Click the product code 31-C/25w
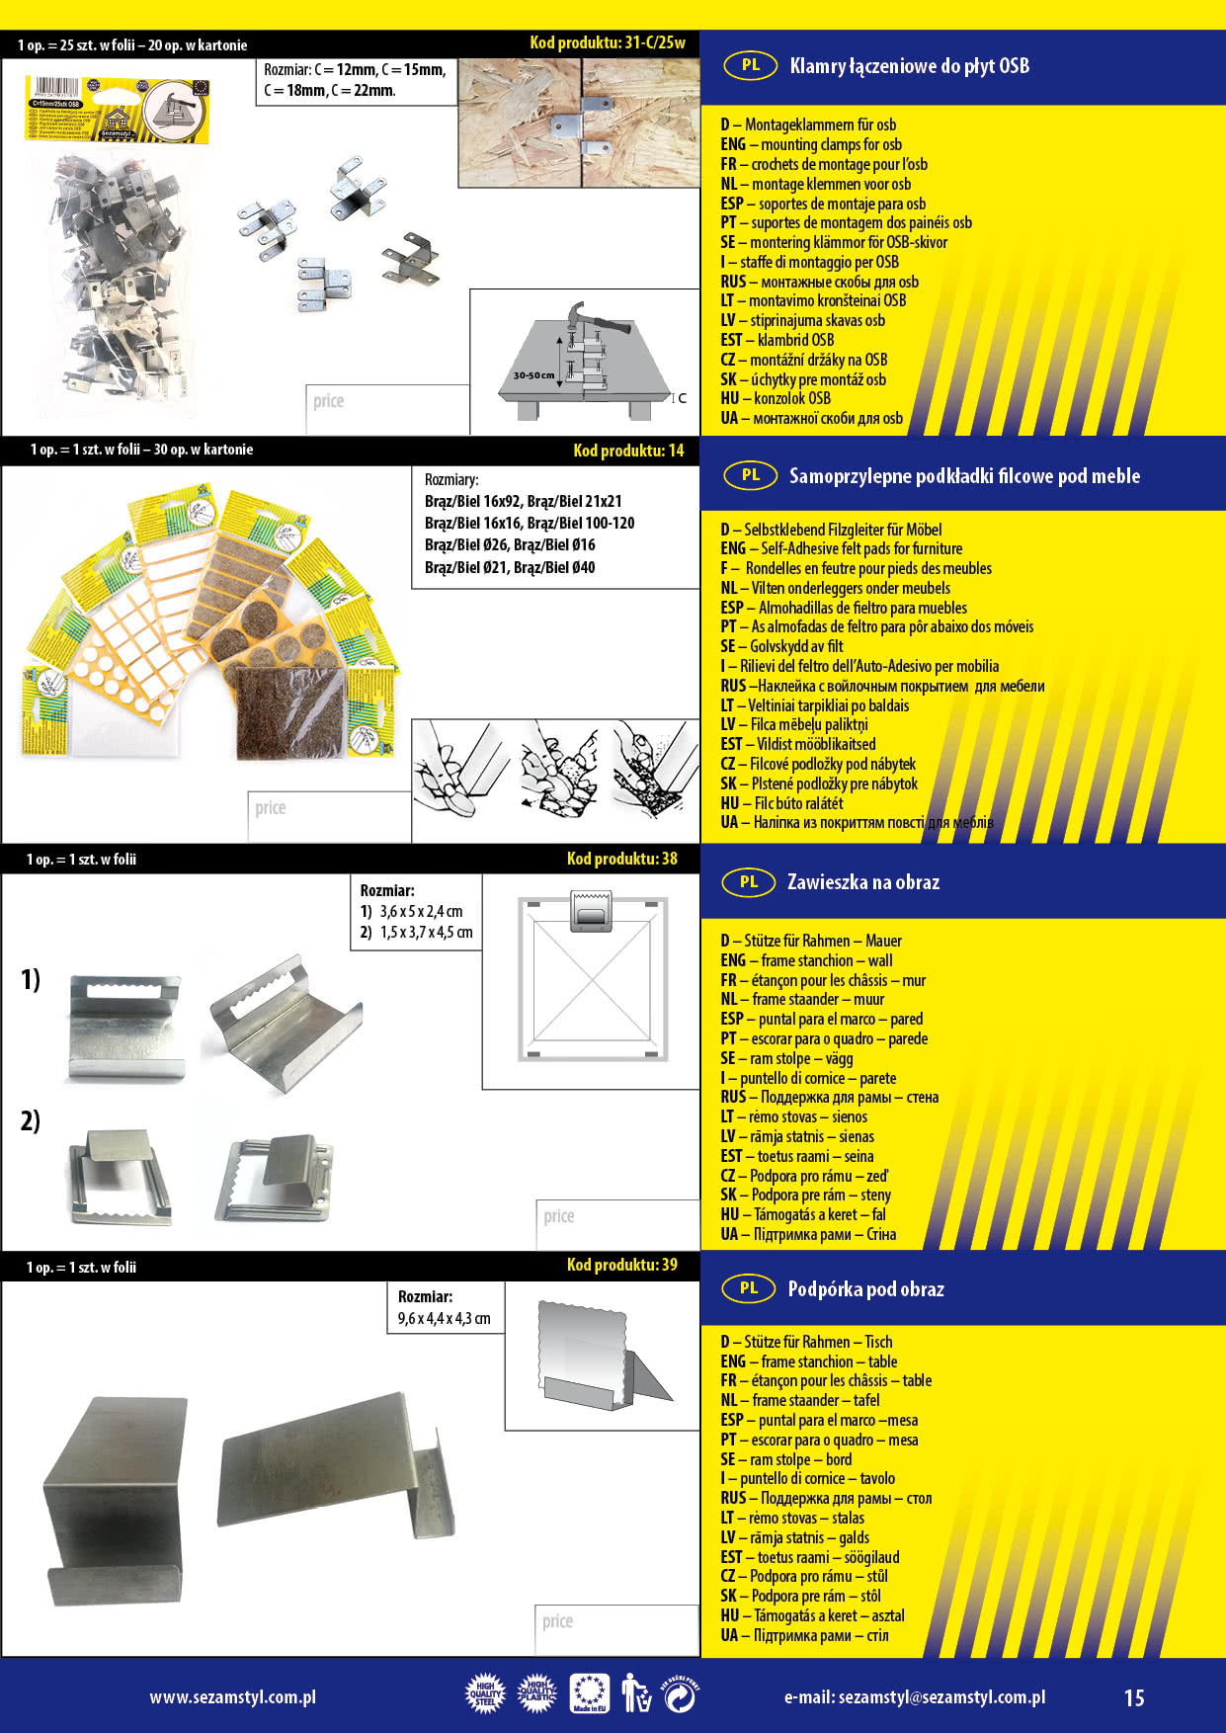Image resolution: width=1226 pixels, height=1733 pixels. (608, 42)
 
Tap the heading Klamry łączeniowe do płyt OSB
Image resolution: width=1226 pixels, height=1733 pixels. (909, 66)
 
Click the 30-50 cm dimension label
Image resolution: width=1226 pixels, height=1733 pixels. (533, 375)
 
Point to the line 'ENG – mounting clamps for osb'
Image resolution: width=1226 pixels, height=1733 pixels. (811, 144)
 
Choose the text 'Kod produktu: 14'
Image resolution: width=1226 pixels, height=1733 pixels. (628, 451)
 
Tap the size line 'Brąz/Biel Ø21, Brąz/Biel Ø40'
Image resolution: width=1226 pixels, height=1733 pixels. (510, 567)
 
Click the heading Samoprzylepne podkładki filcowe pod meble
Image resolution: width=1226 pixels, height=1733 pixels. (964, 476)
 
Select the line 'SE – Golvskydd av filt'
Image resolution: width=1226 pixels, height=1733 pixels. (781, 646)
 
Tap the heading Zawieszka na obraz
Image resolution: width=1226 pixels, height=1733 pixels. (862, 882)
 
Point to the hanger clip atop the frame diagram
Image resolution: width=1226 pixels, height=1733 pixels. (592, 911)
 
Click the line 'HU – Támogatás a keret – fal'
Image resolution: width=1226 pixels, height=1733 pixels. (803, 1214)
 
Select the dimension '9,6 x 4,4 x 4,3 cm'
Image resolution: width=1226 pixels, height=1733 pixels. (444, 1318)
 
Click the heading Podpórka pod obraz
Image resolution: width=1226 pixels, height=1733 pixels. (865, 1289)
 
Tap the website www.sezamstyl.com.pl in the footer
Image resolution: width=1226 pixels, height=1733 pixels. (233, 1697)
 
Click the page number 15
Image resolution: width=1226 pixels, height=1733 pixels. (1134, 1697)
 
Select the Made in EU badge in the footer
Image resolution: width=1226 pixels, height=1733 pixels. (590, 1694)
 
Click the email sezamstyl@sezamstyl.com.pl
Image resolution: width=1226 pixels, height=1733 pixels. (914, 1697)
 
